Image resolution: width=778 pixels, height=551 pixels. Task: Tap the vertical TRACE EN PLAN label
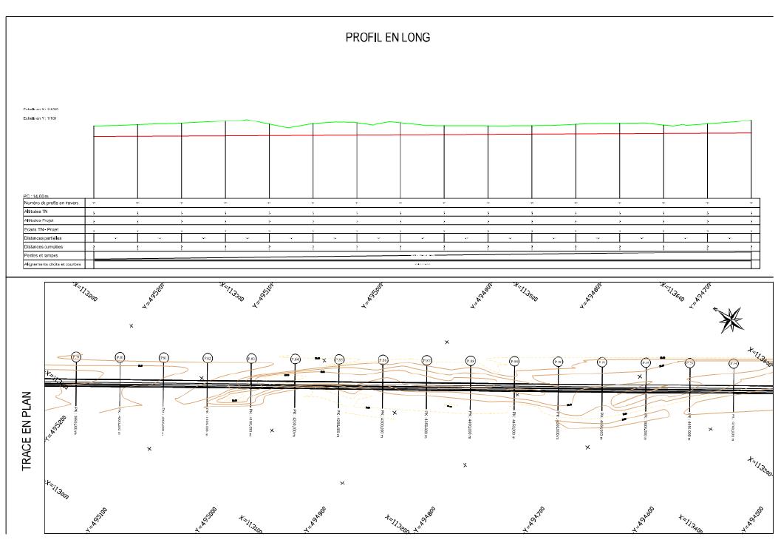27,431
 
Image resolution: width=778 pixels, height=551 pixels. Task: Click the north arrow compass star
731,319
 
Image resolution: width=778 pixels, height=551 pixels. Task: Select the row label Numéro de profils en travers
51,202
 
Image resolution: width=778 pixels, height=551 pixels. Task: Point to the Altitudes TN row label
36,212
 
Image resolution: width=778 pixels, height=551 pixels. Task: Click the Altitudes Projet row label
39,220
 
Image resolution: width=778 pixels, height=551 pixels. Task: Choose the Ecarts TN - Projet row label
41,229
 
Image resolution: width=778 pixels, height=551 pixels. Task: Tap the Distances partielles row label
43,238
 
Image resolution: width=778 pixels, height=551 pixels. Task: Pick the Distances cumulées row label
42,247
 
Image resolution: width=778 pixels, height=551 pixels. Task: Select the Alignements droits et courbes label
52,264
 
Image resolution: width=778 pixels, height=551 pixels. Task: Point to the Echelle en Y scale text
41,118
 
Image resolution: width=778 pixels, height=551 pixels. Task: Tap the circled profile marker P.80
120,357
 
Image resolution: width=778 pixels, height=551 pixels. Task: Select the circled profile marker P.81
164,358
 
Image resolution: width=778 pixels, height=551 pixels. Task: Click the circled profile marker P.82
208,358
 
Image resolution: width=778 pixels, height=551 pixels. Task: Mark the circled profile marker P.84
295,359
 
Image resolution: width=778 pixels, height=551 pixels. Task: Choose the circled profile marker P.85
339,359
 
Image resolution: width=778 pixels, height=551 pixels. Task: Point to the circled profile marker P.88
471,361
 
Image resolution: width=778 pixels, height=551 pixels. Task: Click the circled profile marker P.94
734,363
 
